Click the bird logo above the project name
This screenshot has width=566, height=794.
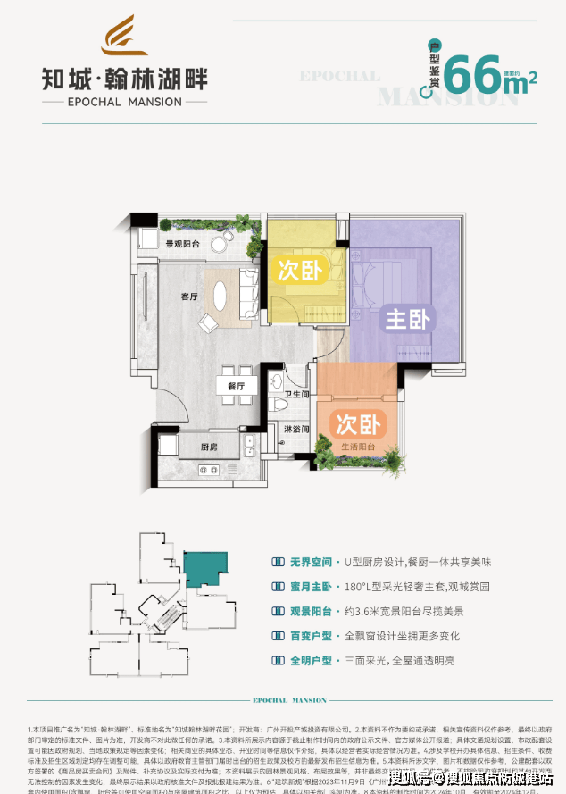coord(125,36)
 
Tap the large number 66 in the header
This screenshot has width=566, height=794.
coord(474,75)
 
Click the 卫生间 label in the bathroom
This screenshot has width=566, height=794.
coord(296,395)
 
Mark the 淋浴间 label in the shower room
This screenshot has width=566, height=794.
coord(297,430)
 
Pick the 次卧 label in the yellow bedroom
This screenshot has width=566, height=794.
coord(300,271)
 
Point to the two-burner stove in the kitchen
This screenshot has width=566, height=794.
coord(209,469)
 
